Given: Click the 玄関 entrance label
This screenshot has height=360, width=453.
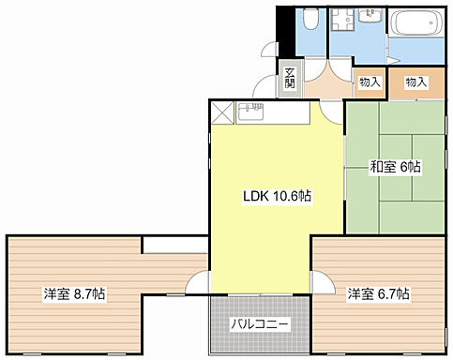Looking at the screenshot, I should point(290,79).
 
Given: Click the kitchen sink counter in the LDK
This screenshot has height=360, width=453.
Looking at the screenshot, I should point(271,114).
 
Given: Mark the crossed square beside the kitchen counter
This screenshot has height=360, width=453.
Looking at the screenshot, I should point(222,114).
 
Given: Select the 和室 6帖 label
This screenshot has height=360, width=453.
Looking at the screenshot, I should point(395,167).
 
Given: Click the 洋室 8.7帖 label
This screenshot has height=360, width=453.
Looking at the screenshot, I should point(73,294).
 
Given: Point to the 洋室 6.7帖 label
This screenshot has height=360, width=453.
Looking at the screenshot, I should point(378,294).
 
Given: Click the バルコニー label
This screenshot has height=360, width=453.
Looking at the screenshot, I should point(260,324).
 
